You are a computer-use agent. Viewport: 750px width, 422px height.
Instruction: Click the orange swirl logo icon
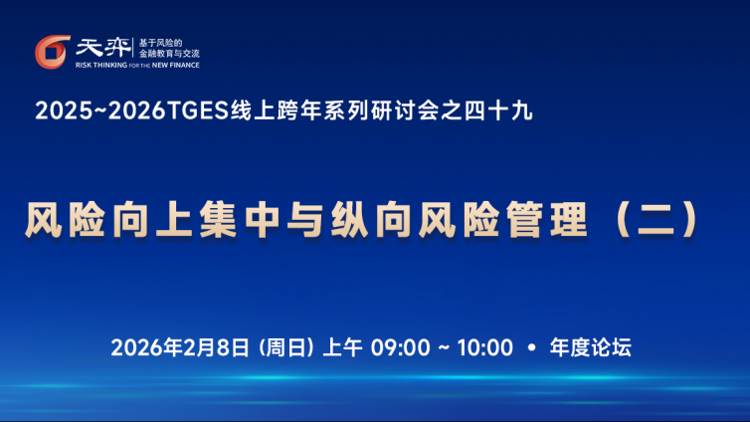(52, 52)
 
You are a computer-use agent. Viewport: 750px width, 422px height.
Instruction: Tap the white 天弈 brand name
(103, 48)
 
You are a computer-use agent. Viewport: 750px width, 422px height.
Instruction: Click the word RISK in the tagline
(84, 65)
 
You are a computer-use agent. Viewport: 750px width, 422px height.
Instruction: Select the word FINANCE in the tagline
(185, 65)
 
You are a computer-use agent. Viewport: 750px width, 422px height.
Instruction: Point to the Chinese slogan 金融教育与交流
(169, 54)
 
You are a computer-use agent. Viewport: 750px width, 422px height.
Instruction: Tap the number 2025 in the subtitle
(64, 111)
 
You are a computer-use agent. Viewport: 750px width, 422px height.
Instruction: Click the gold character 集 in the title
(218, 220)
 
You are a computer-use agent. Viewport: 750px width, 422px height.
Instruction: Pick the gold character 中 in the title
(263, 220)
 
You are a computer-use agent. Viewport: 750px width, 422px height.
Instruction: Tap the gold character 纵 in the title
(350, 220)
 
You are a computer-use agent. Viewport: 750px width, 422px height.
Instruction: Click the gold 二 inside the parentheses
(656, 220)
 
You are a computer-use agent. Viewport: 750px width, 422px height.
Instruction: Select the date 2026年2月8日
(180, 347)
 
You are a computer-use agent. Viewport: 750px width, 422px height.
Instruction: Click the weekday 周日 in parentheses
(285, 347)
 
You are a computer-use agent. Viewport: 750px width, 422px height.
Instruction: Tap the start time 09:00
(400, 347)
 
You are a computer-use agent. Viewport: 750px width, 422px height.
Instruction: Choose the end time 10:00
(485, 347)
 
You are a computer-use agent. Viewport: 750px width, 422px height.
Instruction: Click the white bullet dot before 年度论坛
(531, 347)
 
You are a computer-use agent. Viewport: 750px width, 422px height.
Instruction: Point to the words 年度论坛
(590, 347)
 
